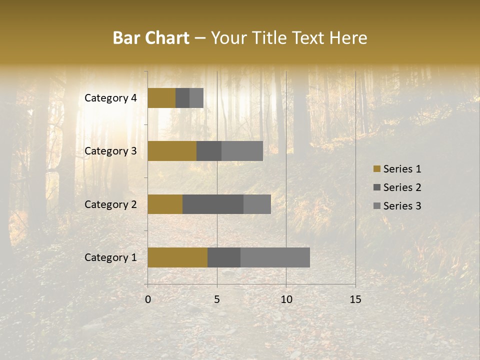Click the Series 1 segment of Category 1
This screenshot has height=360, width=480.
click(177, 257)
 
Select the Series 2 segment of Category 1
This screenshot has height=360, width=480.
click(224, 257)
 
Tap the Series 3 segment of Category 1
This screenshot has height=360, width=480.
click(275, 257)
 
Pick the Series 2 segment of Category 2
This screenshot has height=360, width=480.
click(213, 204)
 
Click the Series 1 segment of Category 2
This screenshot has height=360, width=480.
click(165, 204)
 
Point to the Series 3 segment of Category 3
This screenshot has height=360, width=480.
click(242, 151)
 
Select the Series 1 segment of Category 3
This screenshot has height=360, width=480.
click(172, 151)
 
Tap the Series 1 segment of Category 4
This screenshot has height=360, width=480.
click(161, 98)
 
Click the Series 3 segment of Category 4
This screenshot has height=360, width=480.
click(196, 98)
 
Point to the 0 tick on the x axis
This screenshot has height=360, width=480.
click(148, 299)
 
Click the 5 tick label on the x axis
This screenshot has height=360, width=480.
click(217, 299)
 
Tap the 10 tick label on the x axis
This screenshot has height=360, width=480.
click(286, 299)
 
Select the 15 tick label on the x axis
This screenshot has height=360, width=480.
click(355, 299)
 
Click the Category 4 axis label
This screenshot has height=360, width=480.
click(110, 98)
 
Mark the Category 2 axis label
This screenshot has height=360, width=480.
click(110, 204)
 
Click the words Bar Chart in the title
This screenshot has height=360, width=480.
click(151, 38)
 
